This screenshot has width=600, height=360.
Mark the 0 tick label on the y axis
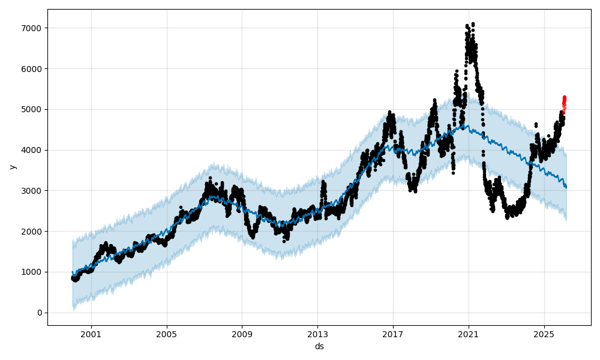pyautogui.click(x=39, y=313)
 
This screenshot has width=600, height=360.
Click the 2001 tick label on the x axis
pyautogui.click(x=91, y=334)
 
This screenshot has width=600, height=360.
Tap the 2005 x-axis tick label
pyautogui.click(x=167, y=334)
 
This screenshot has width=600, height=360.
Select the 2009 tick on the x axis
pyautogui.click(x=242, y=334)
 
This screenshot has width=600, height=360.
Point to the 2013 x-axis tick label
pyautogui.click(x=317, y=334)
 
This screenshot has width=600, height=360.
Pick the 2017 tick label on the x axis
pyautogui.click(x=393, y=334)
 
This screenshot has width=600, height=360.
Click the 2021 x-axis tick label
pyautogui.click(x=469, y=334)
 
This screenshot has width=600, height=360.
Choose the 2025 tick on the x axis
pyautogui.click(x=544, y=334)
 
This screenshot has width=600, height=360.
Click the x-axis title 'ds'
pyautogui.click(x=319, y=346)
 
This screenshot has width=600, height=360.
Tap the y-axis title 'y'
pyautogui.click(x=11, y=167)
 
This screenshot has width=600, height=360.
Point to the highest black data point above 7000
pyautogui.click(x=473, y=24)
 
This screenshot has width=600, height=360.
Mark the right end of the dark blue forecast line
pyautogui.click(x=566, y=187)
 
